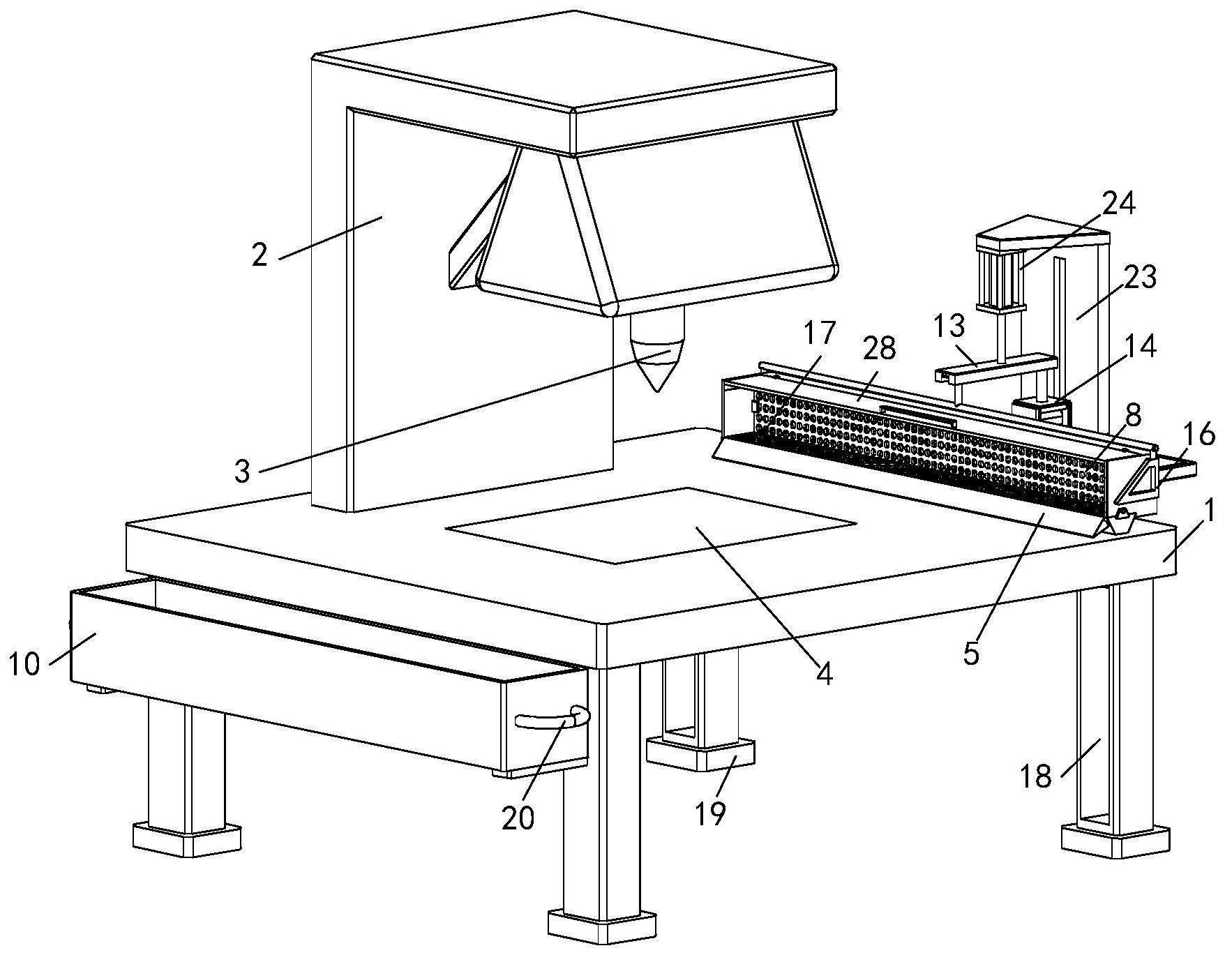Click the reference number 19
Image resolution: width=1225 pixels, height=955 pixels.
[710, 813]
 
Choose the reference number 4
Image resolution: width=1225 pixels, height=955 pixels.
[825, 673]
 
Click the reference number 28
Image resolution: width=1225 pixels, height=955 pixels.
[879, 348]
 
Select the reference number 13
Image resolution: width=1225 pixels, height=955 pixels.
[949, 325]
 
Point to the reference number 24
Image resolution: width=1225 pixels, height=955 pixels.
[1119, 204]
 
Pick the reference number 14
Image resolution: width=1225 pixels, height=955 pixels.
[1140, 347]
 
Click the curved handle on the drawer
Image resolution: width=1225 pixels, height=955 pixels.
[551, 721]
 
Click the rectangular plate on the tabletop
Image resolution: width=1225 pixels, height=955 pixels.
[650, 525]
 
